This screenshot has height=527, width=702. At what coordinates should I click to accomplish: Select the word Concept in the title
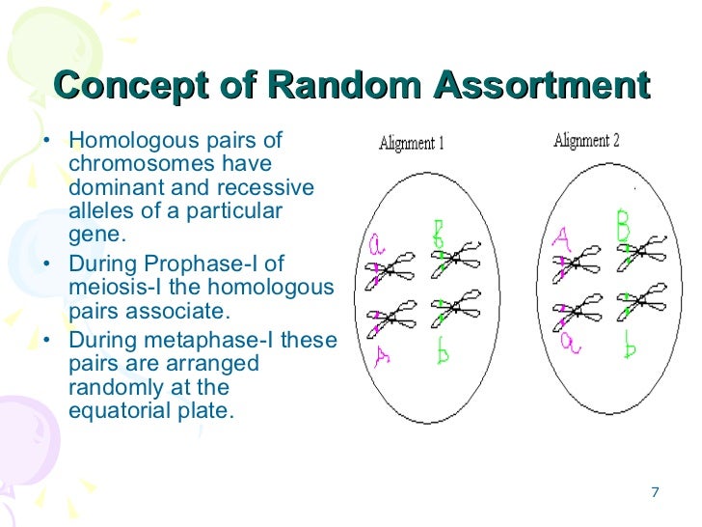click(128, 87)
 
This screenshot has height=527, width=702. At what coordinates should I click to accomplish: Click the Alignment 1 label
click(411, 145)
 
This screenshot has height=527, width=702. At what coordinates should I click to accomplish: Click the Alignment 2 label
click(586, 141)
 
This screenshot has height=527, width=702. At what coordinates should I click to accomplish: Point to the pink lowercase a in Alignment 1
click(376, 247)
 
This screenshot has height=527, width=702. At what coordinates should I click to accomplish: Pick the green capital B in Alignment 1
click(439, 233)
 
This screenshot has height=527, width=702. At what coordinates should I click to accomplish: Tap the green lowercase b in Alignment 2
click(629, 343)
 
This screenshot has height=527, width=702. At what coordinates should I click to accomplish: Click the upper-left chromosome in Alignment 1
click(391, 271)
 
